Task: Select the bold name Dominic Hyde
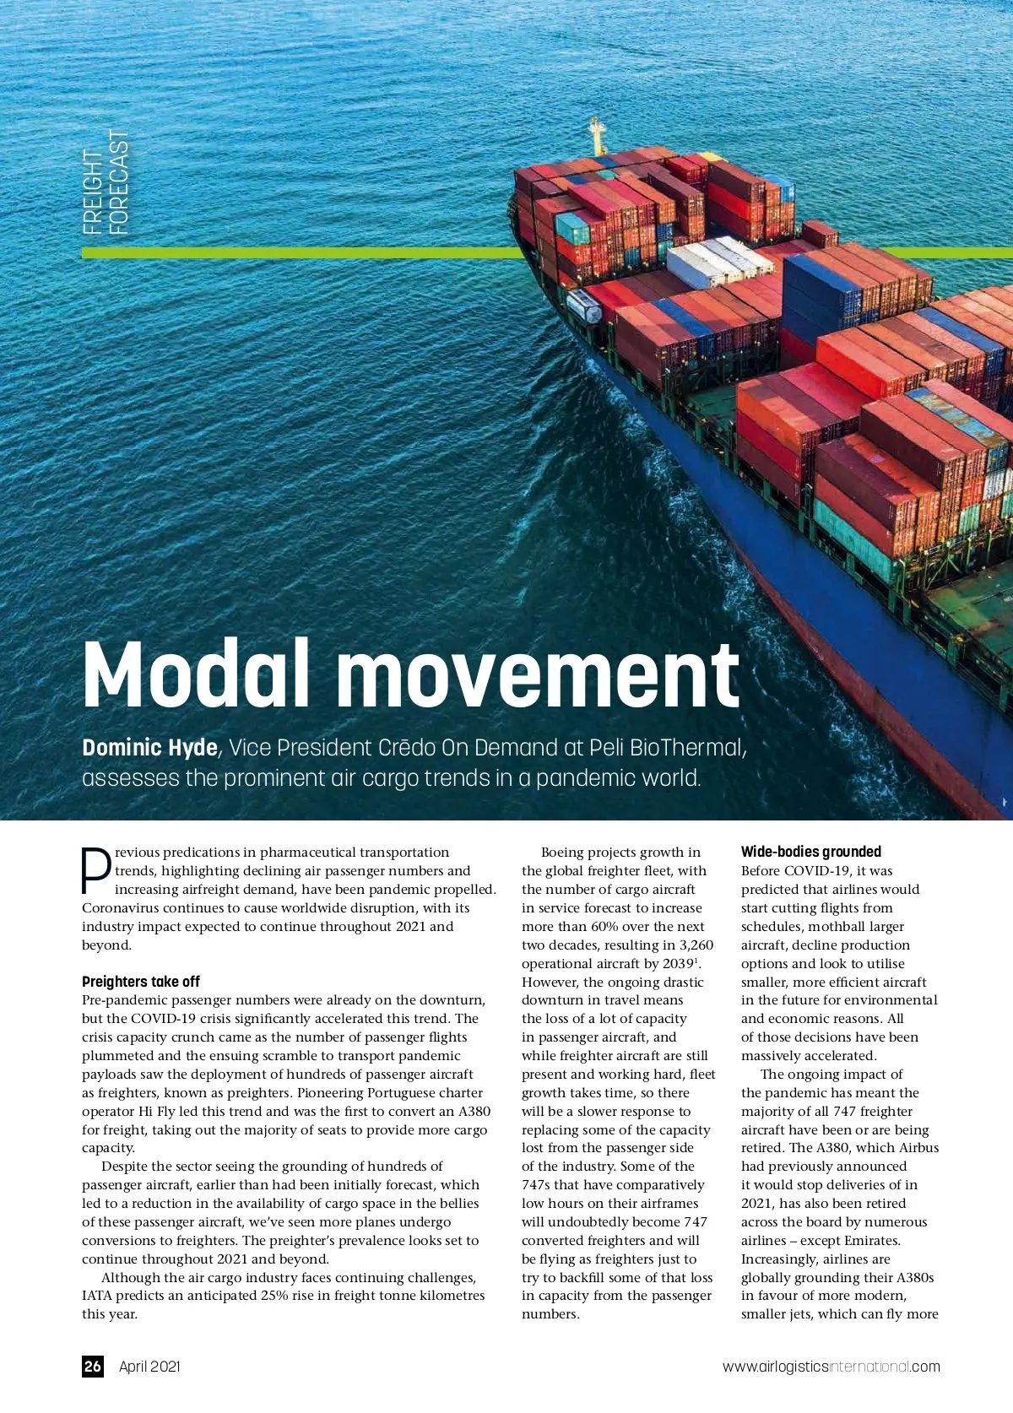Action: pyautogui.click(x=149, y=748)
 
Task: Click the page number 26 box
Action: pyautogui.click(x=92, y=1366)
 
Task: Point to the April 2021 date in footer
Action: pyautogui.click(x=149, y=1366)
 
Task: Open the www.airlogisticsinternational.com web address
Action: pyautogui.click(x=831, y=1367)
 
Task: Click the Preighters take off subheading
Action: pyautogui.click(x=141, y=982)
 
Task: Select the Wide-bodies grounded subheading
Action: pyautogui.click(x=810, y=852)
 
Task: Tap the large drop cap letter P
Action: pyautogui.click(x=96, y=870)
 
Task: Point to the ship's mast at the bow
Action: pyautogui.click(x=598, y=135)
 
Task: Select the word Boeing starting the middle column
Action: pyautogui.click(x=561, y=853)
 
